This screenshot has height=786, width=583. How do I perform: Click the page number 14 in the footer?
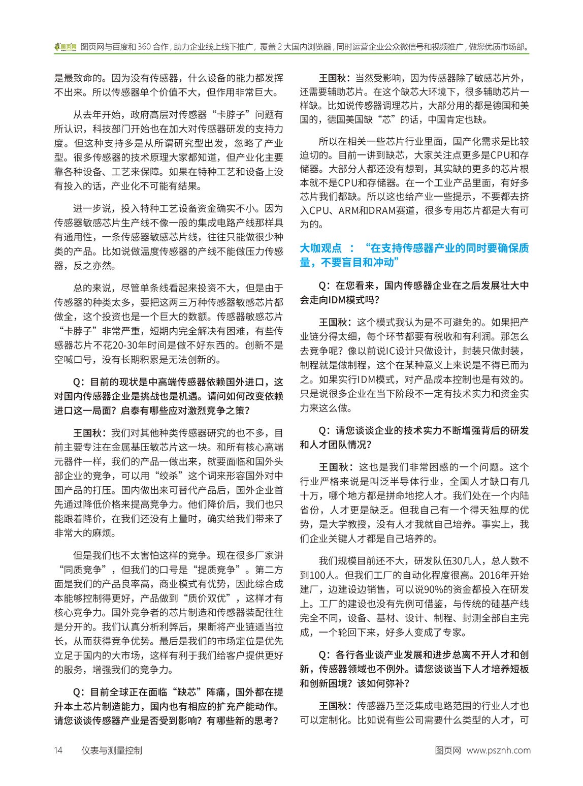click(x=58, y=750)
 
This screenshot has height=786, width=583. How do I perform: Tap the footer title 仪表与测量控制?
click(x=112, y=750)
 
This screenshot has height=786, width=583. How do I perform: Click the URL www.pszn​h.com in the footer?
click(x=498, y=750)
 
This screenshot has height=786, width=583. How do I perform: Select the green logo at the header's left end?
click(x=66, y=47)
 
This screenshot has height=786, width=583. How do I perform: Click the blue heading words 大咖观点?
click(x=320, y=248)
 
